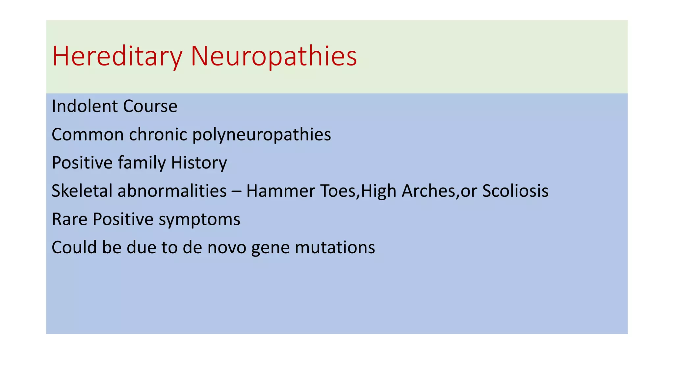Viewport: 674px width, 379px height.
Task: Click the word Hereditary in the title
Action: [117, 57]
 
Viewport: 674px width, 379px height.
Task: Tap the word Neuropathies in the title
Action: [273, 57]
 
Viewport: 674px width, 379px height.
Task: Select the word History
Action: [199, 163]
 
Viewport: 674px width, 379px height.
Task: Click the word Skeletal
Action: [82, 191]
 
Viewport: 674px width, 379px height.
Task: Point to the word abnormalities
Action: [172, 191]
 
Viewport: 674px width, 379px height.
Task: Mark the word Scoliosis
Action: [515, 191]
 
